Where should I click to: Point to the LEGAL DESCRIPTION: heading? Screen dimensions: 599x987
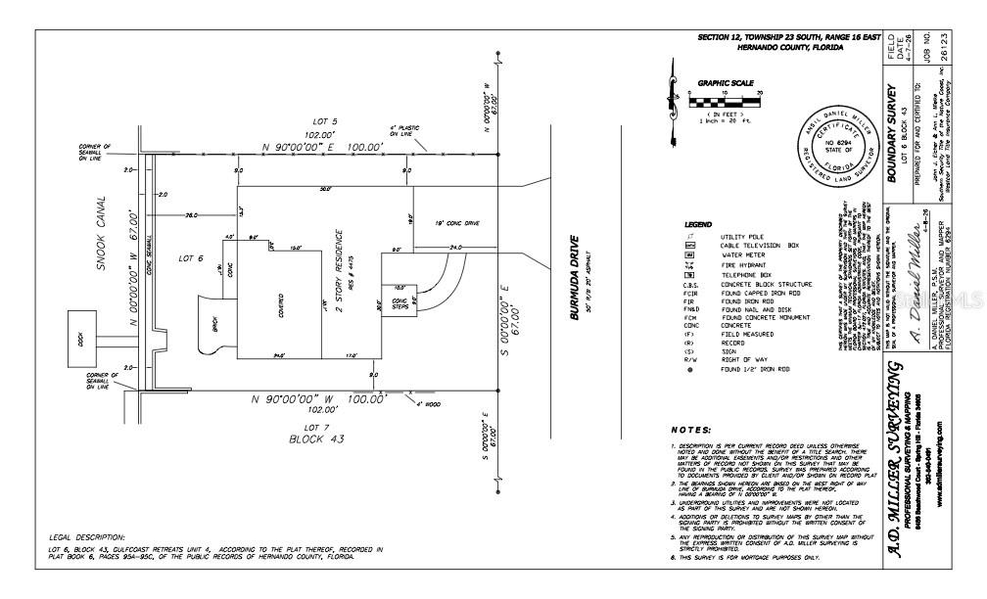87,537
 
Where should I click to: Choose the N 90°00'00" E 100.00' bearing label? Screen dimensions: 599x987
325,148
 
